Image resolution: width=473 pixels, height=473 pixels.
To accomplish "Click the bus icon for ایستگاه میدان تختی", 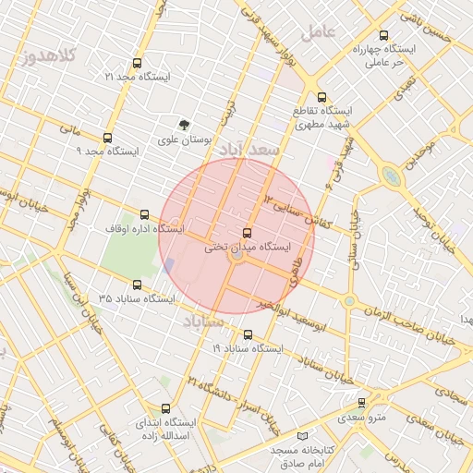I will [x=246, y=233].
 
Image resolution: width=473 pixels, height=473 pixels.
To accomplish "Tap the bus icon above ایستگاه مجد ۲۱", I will [x=138, y=64].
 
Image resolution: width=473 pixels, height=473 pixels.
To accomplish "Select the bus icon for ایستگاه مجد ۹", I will [x=107, y=137].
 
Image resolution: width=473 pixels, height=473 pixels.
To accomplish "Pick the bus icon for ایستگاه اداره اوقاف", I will [x=143, y=214].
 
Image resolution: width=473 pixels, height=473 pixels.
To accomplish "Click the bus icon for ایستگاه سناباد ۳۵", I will [x=138, y=285].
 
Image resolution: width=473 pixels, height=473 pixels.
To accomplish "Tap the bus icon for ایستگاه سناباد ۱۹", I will [x=248, y=334].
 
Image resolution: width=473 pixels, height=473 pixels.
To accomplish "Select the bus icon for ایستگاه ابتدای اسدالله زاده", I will [x=166, y=408].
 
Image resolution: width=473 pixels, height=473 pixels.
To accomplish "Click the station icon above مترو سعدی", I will [x=361, y=403].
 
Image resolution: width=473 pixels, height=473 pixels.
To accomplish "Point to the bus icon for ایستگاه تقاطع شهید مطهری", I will [x=321, y=97].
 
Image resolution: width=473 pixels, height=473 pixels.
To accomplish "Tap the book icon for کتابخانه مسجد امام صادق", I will [x=303, y=435].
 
